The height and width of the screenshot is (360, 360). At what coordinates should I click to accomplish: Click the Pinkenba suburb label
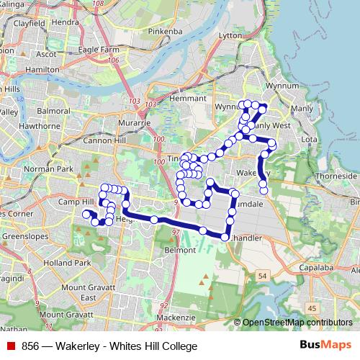pos(166,32)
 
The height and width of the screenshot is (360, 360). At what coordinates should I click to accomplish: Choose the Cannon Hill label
pos(106,140)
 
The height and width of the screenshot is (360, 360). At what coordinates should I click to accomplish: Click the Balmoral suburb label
pos(54,112)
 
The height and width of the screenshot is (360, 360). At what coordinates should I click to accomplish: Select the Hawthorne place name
pos(40,126)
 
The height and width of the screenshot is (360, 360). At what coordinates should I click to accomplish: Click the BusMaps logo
pos(325,346)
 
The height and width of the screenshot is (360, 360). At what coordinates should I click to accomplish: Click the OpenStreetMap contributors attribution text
pos(297,323)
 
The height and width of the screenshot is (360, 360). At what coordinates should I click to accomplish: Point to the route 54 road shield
pos(263,276)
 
